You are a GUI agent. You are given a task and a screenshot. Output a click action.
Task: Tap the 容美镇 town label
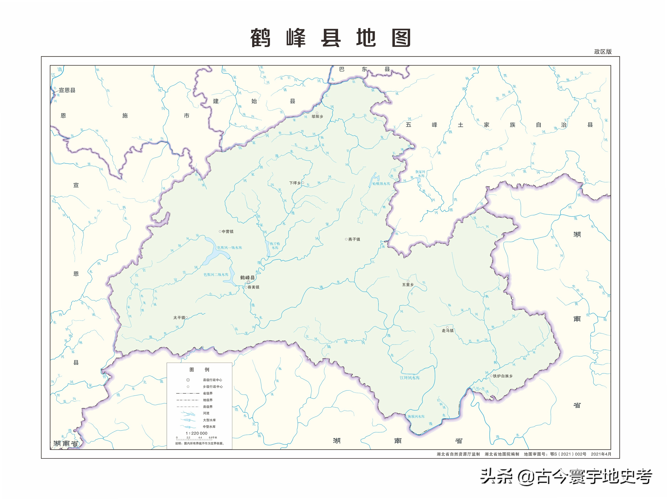(253, 287)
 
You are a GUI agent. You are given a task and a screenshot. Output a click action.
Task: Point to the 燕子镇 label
(354, 239)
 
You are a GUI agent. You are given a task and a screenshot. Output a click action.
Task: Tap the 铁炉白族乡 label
(503, 376)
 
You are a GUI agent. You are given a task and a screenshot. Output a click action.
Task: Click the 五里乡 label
(408, 284)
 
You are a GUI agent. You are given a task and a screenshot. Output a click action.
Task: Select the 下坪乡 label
(295, 183)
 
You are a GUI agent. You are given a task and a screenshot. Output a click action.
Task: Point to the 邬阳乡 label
(317, 116)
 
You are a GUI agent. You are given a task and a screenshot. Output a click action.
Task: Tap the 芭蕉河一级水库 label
(230, 248)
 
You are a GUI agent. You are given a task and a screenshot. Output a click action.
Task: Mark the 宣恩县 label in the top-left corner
(67, 90)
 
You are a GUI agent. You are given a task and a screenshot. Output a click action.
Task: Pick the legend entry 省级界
(207, 393)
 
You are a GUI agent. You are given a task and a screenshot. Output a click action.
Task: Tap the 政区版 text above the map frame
(603, 52)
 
